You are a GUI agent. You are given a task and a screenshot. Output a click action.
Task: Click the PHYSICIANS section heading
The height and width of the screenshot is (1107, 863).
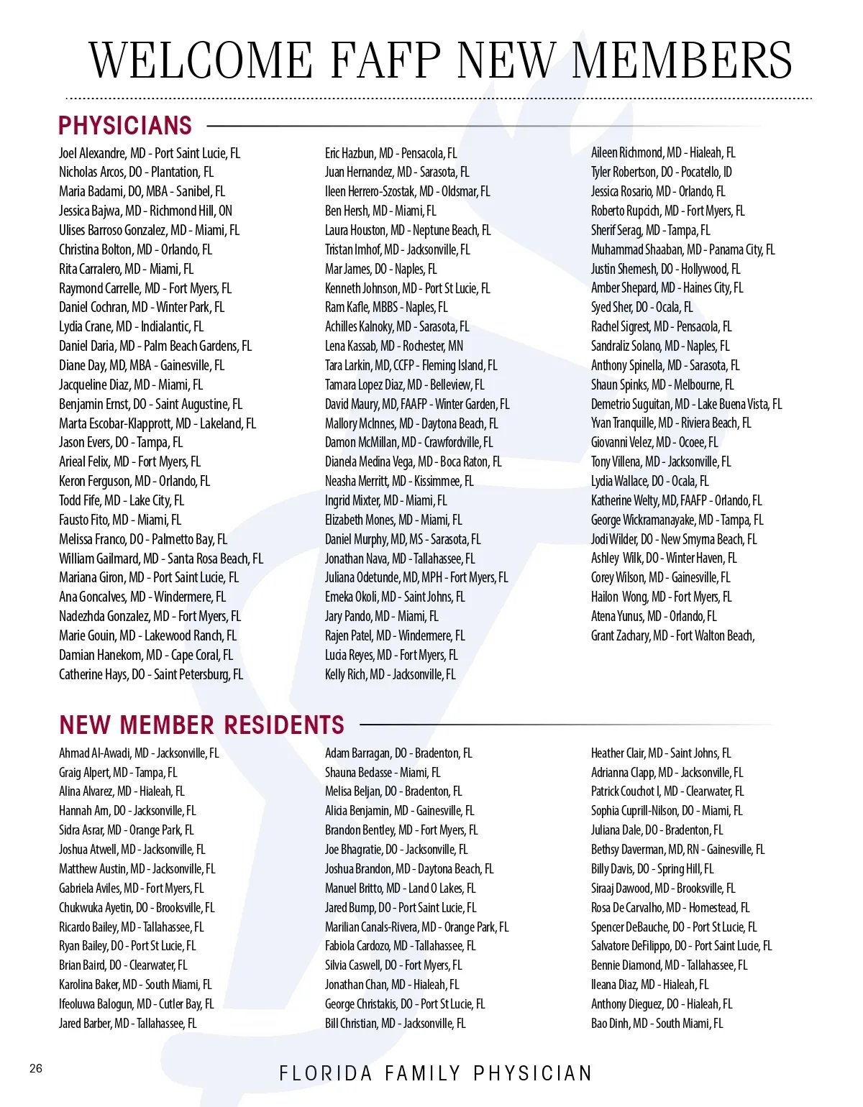tap(125, 126)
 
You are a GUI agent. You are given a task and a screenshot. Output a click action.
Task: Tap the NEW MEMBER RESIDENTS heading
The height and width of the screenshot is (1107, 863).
tap(202, 725)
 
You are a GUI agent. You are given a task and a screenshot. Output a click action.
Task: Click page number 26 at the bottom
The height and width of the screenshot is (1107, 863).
tap(36, 1068)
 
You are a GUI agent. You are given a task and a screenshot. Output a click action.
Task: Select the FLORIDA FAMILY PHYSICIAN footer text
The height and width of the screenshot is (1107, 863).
tap(436, 1073)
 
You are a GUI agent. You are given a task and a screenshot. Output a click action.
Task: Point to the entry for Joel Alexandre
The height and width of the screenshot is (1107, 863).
tap(150, 153)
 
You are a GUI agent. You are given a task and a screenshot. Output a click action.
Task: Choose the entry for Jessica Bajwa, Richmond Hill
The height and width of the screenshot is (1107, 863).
tap(145, 211)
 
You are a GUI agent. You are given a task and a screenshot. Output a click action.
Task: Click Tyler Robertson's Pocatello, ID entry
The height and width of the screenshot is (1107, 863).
tap(662, 172)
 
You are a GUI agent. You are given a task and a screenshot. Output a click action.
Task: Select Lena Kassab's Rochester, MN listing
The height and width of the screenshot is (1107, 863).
tap(394, 346)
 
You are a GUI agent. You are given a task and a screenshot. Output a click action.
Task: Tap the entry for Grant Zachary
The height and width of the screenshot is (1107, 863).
tap(672, 635)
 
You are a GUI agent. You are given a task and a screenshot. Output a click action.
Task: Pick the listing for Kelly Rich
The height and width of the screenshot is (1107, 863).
tap(390, 674)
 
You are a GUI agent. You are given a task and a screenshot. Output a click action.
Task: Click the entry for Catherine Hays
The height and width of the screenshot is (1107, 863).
tap(151, 674)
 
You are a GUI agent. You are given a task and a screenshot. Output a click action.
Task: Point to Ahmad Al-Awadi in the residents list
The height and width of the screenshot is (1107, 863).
tap(139, 753)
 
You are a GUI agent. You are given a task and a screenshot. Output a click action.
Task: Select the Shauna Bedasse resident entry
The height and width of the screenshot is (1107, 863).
tap(383, 773)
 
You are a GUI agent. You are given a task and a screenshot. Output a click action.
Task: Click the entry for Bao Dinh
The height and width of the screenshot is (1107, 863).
tap(657, 1023)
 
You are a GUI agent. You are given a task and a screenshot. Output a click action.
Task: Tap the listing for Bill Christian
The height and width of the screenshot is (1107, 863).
tap(395, 1023)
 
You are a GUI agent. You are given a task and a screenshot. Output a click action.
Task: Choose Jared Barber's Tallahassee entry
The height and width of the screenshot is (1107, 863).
tap(128, 1023)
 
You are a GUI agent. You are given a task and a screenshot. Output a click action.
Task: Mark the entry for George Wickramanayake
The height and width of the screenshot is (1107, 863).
tap(677, 520)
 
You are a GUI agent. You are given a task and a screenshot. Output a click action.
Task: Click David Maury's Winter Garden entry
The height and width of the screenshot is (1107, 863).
tap(417, 404)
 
